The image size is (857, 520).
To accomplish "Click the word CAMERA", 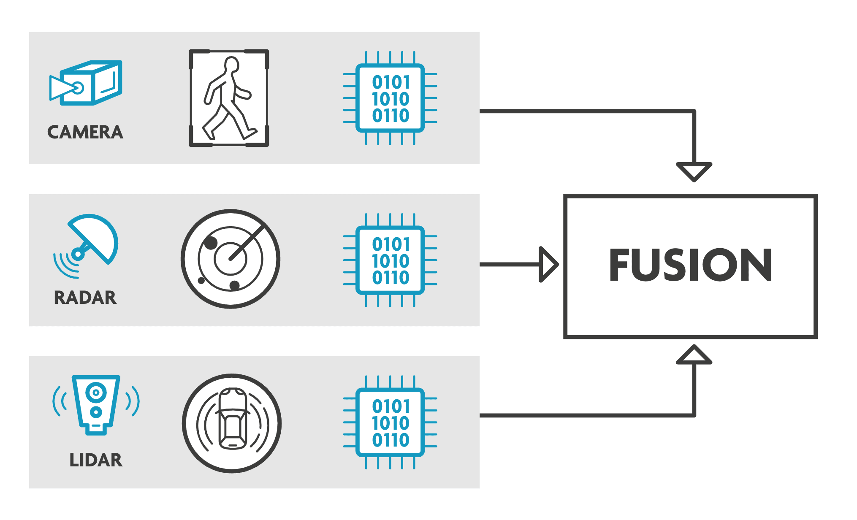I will [85, 132].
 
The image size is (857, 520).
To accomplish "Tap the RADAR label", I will [85, 298].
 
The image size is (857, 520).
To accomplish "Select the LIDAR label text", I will [96, 460].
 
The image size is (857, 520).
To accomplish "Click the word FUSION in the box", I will [690, 265].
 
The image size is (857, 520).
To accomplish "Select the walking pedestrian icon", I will [228, 98].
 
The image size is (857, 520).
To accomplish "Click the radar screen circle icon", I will [231, 259].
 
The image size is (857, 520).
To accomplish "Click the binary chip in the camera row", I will [390, 98].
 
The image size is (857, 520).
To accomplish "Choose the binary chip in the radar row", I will [390, 260].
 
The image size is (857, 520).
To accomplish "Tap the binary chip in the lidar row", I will [390, 422].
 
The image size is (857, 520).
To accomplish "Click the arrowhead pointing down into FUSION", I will [694, 171].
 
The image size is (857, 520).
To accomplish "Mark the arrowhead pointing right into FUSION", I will [548, 265].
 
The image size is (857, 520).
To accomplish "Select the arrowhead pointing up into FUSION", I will [694, 356].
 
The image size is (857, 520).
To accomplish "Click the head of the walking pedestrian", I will [232, 65].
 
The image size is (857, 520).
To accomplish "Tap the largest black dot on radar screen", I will [211, 243].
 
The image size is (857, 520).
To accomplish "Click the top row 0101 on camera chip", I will [391, 82].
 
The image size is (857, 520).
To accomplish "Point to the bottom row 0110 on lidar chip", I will [391, 440].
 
